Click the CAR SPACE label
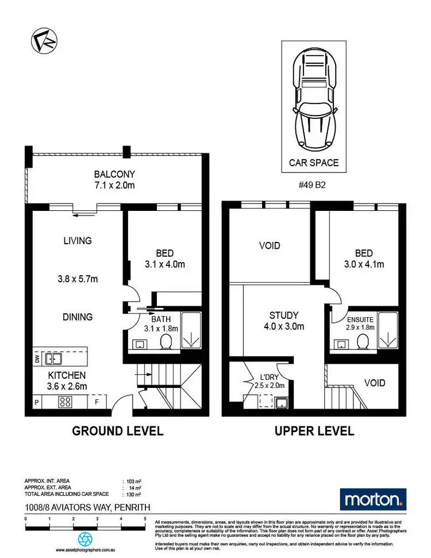(x=314, y=163)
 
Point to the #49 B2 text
(x=314, y=186)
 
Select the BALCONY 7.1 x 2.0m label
(x=115, y=180)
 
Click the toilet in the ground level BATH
(x=166, y=343)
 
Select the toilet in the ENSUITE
(x=363, y=343)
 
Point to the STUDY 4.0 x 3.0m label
(x=284, y=321)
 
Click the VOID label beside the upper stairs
(x=375, y=383)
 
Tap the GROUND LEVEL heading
(x=117, y=431)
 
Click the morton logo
(x=373, y=499)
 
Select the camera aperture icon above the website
(x=85, y=538)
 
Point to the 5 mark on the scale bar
(x=145, y=518)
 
